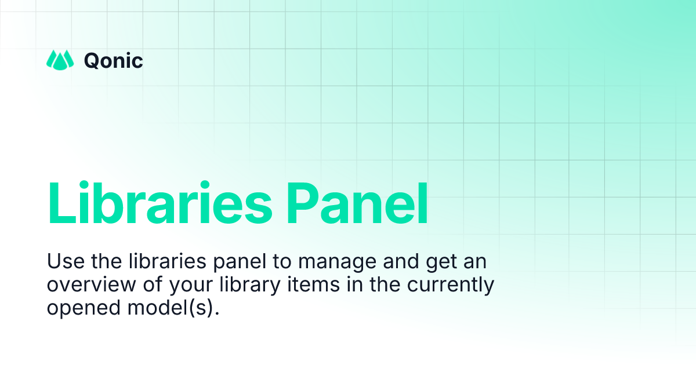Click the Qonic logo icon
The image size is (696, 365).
(60, 60)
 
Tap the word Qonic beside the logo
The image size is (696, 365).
(114, 60)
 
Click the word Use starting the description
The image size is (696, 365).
(64, 262)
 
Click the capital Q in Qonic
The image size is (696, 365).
(92, 60)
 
